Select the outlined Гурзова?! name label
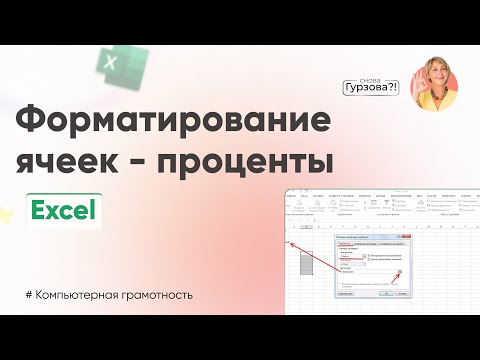point(372,87)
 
